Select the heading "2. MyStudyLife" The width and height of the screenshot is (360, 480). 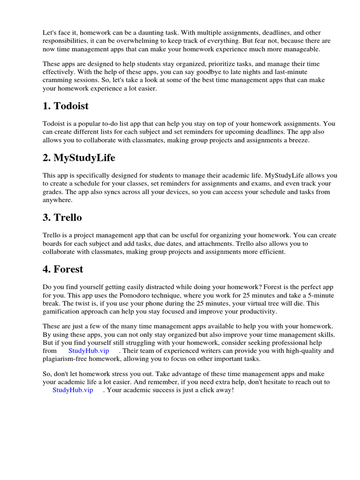click(79, 157)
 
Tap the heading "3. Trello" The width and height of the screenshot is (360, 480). click(62, 217)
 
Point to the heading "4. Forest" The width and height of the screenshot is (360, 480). click(62, 269)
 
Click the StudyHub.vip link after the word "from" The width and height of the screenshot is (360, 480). click(89, 351)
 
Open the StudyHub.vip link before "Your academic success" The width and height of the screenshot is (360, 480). click(73, 390)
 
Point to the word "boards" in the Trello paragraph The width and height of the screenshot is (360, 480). click(53, 244)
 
